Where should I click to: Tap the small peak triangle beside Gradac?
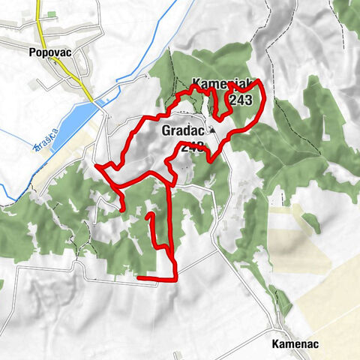click(212, 131)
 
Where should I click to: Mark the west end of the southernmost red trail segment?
click(139, 278)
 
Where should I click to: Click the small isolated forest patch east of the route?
click(310, 222)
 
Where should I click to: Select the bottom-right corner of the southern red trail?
click(175, 279)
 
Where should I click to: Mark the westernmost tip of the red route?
click(97, 164)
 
